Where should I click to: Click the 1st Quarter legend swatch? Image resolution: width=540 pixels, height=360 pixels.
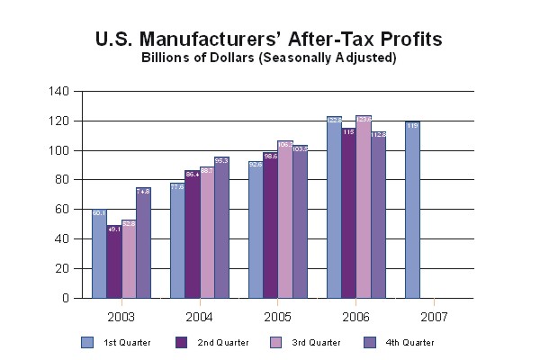click(87, 342)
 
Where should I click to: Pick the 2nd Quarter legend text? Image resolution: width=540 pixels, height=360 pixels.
click(224, 343)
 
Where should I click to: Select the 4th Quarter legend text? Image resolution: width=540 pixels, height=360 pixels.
click(410, 343)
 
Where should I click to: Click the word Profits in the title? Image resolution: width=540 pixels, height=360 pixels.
click(402, 40)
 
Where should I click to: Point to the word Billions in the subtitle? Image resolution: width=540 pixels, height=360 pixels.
click(166, 58)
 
